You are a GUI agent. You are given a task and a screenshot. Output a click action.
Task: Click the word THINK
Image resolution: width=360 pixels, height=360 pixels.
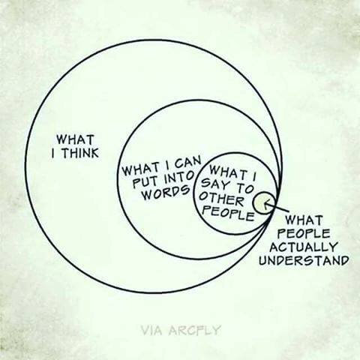click(80, 153)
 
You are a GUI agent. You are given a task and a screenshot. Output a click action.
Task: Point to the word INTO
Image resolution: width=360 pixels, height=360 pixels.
click(179, 178)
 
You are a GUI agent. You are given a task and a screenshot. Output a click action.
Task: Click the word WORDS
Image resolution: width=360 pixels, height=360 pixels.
click(165, 192)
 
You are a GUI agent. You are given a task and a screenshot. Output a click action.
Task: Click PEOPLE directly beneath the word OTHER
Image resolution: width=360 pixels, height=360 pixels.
click(228, 214)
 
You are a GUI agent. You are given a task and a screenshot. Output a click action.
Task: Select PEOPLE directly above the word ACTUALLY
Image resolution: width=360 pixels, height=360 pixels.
click(304, 234)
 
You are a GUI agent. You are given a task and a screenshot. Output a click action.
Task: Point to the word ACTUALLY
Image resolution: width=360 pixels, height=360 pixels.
click(304, 247)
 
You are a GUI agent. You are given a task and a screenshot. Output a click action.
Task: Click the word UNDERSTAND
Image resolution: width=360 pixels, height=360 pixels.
click(304, 261)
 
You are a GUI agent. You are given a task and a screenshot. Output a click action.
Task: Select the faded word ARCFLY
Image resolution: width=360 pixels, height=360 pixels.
click(194, 330)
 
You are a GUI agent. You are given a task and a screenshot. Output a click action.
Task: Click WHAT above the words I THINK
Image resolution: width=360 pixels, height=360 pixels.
click(75, 139)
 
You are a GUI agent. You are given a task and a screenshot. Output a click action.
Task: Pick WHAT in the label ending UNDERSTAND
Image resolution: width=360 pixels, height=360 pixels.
click(304, 220)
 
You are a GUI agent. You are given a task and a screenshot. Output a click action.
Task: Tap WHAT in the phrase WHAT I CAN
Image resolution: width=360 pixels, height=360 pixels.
click(142, 170)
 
